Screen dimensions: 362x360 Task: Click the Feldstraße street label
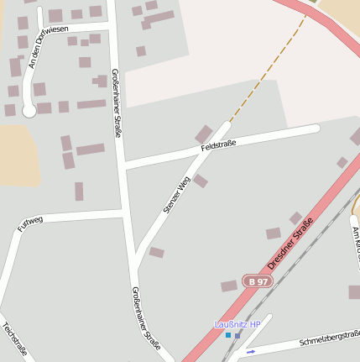219,145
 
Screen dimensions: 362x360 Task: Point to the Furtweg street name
29,223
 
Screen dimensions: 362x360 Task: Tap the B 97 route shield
258,281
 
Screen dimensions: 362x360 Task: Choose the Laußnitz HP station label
237,324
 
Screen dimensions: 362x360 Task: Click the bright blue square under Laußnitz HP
227,335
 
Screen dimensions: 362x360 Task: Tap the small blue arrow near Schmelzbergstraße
250,351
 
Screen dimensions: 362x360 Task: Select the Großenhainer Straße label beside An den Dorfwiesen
117,102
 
